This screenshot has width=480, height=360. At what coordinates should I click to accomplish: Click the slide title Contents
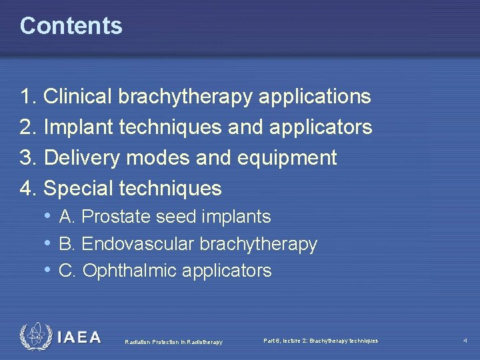click(x=71, y=25)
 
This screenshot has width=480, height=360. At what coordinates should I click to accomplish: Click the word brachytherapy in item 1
click(x=185, y=97)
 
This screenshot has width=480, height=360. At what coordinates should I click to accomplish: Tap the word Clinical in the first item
click(x=79, y=97)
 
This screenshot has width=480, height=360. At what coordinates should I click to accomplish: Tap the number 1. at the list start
click(x=28, y=97)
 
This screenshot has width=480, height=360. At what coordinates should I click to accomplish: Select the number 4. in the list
click(x=28, y=189)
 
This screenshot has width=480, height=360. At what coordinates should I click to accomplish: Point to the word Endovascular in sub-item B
click(x=137, y=244)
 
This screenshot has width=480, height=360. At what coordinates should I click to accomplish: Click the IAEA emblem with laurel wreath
click(x=35, y=337)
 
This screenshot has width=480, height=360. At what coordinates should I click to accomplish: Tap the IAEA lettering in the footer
click(x=79, y=337)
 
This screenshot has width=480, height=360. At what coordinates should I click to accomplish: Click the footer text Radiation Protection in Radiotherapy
click(x=173, y=342)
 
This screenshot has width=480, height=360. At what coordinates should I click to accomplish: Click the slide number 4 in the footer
click(x=465, y=341)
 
